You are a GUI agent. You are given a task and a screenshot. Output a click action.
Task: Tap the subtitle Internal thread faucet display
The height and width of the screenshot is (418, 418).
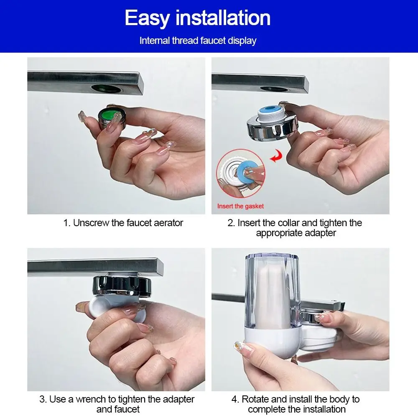[x=198, y=41]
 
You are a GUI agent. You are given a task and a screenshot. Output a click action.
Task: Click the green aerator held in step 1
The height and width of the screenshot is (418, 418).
[x=110, y=120]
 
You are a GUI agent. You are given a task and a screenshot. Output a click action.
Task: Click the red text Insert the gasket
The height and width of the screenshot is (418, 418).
[x=240, y=206]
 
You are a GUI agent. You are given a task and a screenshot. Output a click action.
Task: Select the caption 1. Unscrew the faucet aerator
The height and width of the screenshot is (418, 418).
[x=123, y=223]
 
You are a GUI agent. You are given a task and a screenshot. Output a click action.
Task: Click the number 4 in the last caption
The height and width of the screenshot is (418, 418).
[x=234, y=399]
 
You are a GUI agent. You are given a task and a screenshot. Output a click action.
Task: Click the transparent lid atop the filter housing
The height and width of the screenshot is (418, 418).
[x=272, y=255]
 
